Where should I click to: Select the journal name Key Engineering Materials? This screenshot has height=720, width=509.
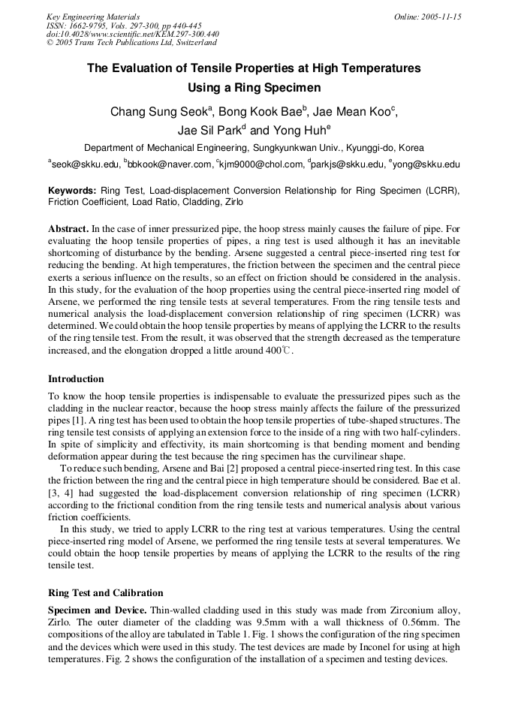pyautogui.click(x=93, y=17)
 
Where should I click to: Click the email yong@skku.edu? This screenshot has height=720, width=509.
pyautogui.click(x=424, y=164)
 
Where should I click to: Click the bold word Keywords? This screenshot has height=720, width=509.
pyautogui.click(x=72, y=191)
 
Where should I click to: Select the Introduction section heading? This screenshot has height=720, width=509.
pyautogui.click(x=76, y=379)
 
